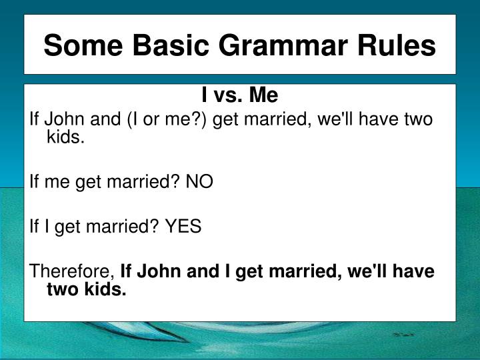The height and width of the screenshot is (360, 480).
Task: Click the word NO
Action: tap(200, 183)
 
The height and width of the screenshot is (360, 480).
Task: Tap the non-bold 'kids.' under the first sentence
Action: tap(65, 137)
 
